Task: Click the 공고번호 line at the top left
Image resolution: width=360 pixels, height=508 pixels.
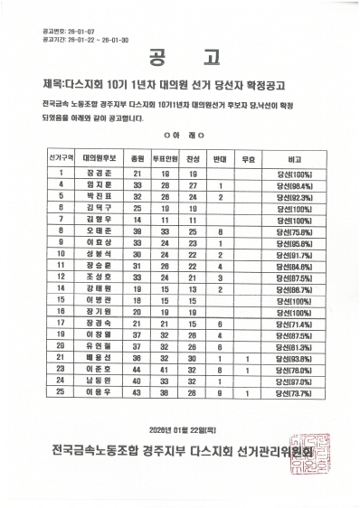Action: (62, 31)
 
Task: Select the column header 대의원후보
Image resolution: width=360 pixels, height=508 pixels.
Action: (94, 157)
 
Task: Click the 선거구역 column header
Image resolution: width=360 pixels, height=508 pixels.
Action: (60, 157)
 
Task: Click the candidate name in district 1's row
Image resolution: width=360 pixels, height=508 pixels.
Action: (94, 173)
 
